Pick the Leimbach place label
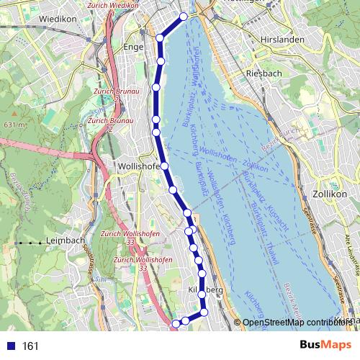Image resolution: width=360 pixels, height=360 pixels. pyautogui.click(x=66, y=240)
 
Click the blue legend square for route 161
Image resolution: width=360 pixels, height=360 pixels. pyautogui.click(x=9, y=346)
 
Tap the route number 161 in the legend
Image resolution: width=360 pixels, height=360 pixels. pyautogui.click(x=31, y=346)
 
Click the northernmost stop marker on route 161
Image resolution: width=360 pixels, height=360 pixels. pyautogui.click(x=184, y=16)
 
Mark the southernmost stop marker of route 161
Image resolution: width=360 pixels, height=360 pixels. pyautogui.click(x=175, y=324)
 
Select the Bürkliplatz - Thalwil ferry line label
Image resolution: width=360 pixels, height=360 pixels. pyautogui.click(x=256, y=216)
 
